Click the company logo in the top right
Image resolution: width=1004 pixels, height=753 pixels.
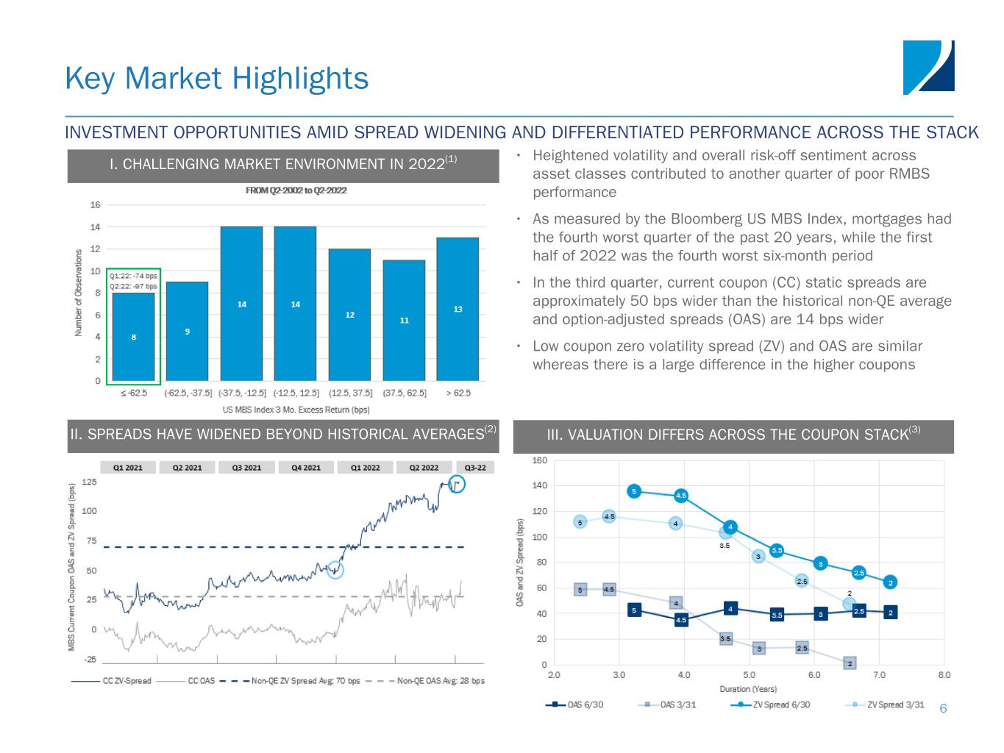[928, 67]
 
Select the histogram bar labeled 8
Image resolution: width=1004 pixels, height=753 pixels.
[133, 336]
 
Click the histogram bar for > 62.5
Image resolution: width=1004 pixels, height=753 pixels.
[457, 309]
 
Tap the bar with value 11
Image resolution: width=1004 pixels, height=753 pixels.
[404, 320]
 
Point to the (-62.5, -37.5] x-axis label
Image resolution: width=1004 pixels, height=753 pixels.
[188, 393]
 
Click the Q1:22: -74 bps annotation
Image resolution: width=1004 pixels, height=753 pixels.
[133, 276]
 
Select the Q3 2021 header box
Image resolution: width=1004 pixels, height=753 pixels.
[247, 467]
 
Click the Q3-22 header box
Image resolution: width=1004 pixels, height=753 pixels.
[475, 467]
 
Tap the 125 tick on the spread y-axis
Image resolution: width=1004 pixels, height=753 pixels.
[89, 482]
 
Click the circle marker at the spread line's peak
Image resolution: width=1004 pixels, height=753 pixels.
[457, 485]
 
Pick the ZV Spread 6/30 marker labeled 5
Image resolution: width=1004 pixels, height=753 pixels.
[634, 490]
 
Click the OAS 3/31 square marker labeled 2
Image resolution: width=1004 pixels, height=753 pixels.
[850, 663]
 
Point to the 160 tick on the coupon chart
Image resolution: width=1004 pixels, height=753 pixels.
[540, 460]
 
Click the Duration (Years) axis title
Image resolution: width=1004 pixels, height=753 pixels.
[748, 689]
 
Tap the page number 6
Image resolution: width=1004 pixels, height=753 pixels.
[943, 708]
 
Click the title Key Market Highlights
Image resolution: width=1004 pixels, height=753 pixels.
[217, 78]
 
